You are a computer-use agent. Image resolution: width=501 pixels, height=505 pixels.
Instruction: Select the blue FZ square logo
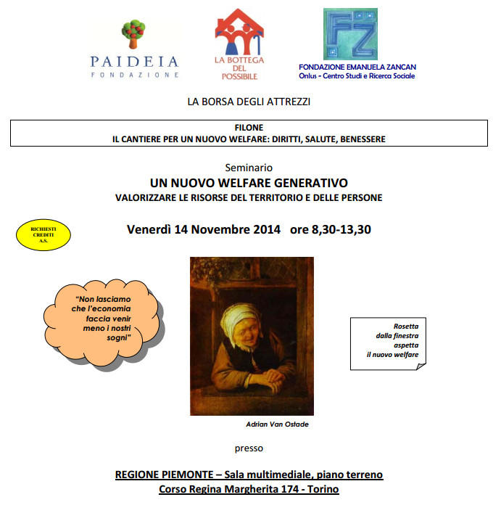coord(349,34)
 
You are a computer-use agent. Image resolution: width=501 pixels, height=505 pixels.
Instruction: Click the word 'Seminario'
coord(249,167)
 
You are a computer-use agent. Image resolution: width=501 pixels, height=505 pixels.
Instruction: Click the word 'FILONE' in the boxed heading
coord(249,127)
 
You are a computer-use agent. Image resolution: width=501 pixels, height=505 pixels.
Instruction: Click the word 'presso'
coord(249,448)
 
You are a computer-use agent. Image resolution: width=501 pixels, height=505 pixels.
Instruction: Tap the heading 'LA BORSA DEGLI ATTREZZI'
coord(249,102)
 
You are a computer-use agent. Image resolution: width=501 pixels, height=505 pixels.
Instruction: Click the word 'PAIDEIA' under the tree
coord(134,61)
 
